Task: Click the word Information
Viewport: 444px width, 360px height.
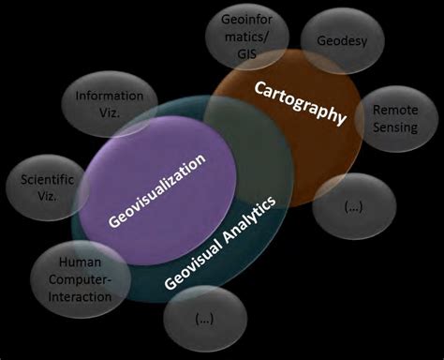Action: [x=110, y=95]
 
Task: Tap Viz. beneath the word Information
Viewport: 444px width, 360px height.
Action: [x=110, y=112]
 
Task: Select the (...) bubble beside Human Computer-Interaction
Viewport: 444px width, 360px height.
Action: [x=204, y=319]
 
